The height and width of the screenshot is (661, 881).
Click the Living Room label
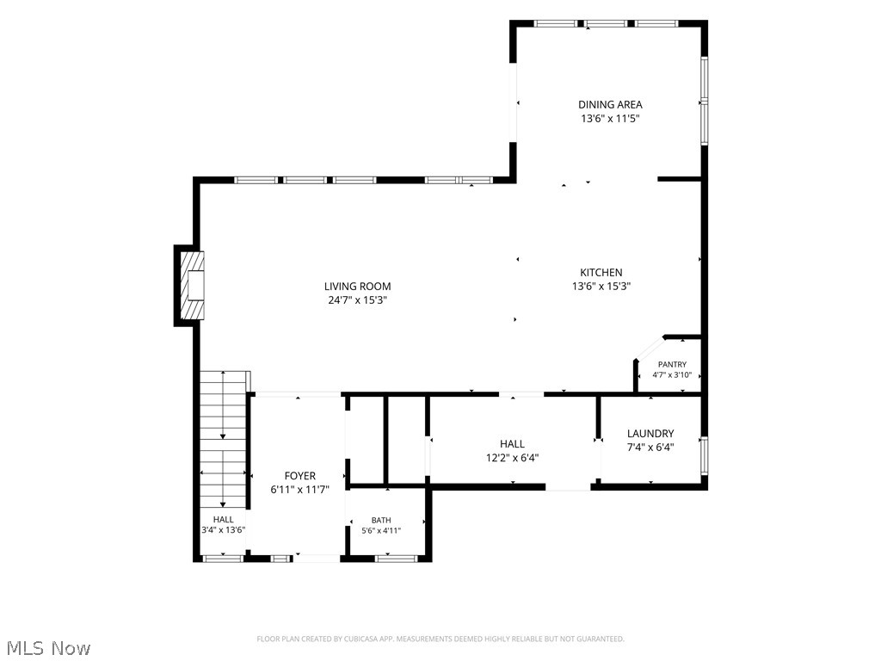357,286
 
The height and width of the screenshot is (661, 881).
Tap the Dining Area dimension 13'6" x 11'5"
610,119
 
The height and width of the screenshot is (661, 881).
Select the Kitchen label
601,273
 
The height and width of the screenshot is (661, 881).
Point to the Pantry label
672,364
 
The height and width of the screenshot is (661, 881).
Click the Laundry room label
650,434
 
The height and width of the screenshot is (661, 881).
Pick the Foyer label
300,476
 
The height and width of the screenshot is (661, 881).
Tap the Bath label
381,521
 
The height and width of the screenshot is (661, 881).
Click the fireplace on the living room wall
189,286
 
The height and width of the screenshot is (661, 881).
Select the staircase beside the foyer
224,440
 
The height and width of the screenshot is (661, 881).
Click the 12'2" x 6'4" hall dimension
512,458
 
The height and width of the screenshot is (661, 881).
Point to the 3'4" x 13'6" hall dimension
223,529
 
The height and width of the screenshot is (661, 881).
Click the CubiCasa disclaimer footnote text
440,639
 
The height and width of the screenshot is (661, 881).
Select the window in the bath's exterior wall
396,558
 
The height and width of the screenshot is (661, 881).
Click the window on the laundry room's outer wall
704,456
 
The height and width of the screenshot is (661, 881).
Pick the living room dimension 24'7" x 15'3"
357,300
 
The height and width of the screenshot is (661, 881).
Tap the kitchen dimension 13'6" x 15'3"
601,286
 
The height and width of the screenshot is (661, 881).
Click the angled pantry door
649,348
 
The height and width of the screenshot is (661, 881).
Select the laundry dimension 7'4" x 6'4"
650,448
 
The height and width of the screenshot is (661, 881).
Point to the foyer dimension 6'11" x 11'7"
300,490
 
